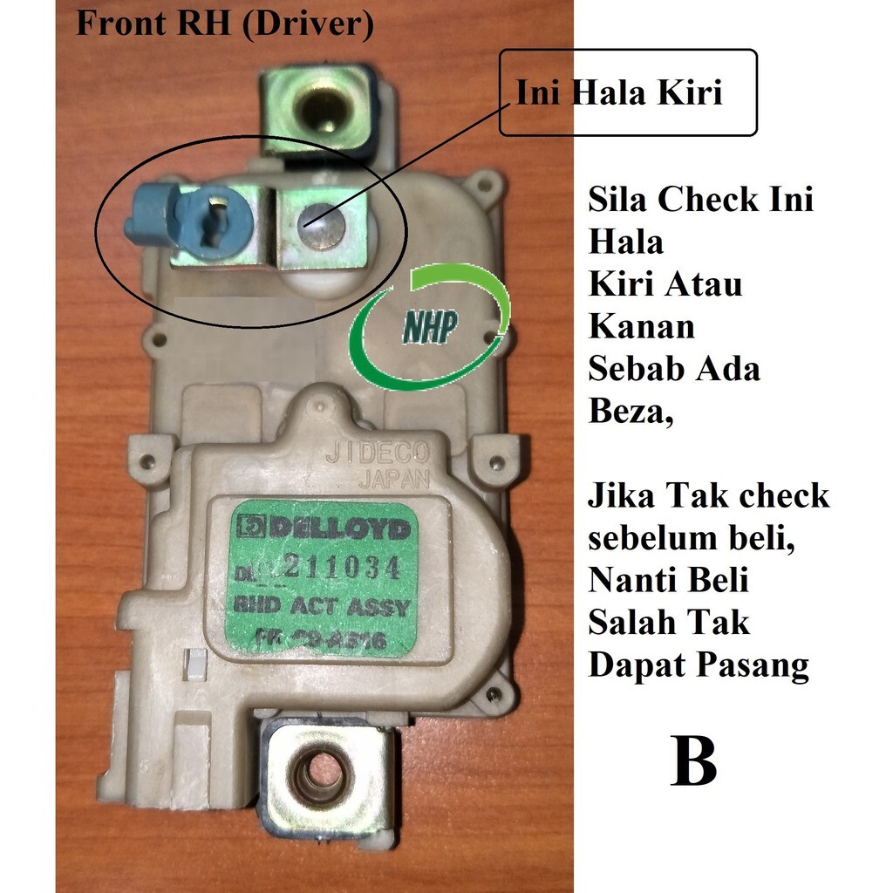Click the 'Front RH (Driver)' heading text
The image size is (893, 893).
(x=224, y=24)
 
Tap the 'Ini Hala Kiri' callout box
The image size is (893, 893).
(x=627, y=92)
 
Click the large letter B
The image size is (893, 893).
(x=694, y=759)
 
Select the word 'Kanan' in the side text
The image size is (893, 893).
(x=642, y=326)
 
